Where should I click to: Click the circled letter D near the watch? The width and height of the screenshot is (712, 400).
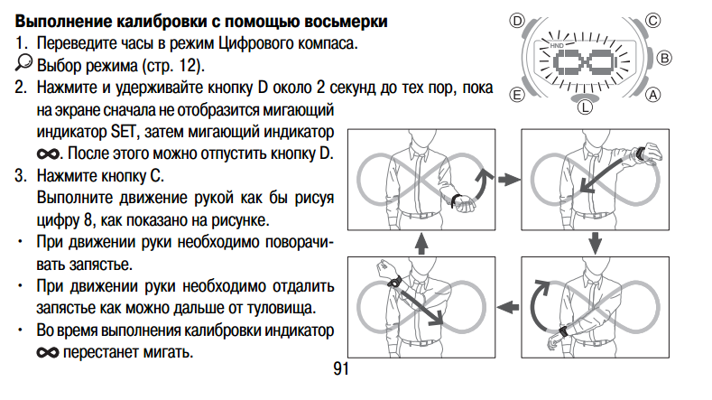[x=517, y=20]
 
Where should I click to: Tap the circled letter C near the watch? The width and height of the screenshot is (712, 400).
[x=653, y=19]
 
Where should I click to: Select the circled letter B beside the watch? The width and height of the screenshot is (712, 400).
[x=666, y=57]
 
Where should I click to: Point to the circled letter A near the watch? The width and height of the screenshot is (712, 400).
[x=653, y=94]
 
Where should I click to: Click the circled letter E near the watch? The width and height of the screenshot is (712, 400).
[x=517, y=94]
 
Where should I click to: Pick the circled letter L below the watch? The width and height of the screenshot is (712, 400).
[x=585, y=107]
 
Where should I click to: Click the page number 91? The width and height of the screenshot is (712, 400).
[x=340, y=369]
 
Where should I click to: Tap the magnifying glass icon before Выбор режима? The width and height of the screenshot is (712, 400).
[x=23, y=64]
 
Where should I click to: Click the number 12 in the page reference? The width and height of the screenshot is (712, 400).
[x=187, y=66]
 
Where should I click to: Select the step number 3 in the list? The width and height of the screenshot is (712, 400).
[x=19, y=174]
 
